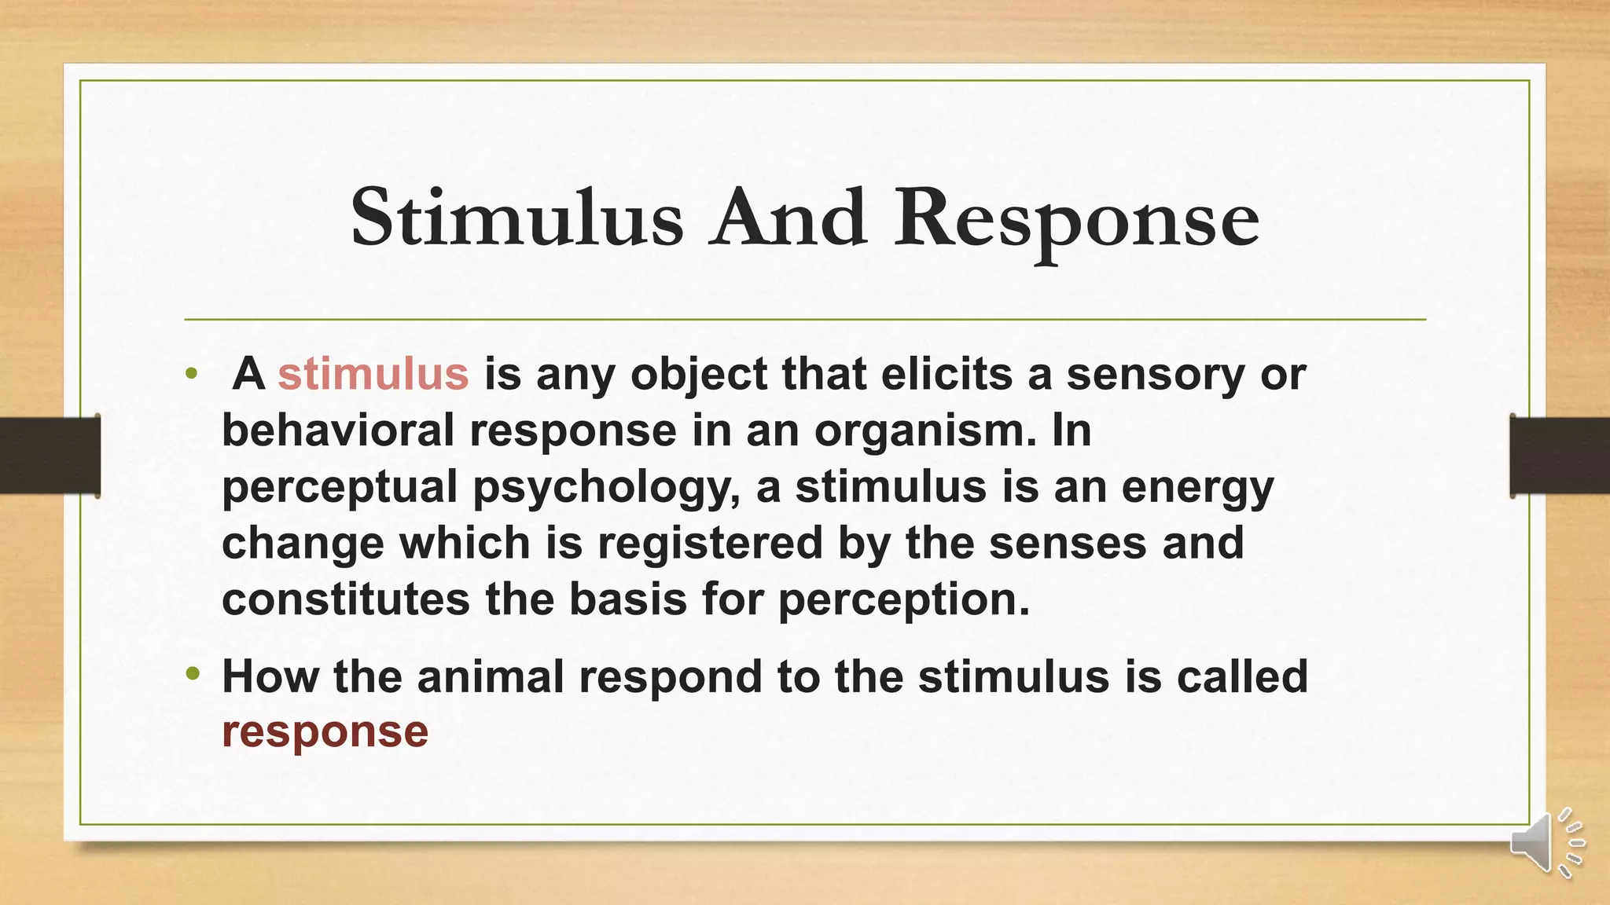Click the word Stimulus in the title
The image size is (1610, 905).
pyautogui.click(x=516, y=218)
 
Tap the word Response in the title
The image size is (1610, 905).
pyautogui.click(x=1076, y=220)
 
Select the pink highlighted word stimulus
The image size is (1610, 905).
pyautogui.click(x=373, y=373)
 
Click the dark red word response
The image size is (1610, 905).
pyautogui.click(x=325, y=731)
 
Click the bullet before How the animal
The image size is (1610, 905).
pyautogui.click(x=193, y=674)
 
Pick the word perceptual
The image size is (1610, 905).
pyautogui.click(x=340, y=487)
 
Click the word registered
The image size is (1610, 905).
pyautogui.click(x=709, y=543)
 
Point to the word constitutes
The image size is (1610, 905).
pyautogui.click(x=346, y=599)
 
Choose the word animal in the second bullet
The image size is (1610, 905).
pyautogui.click(x=491, y=676)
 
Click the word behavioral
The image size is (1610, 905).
pyautogui.click(x=338, y=431)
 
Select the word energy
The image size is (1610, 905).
pyautogui.click(x=1197, y=487)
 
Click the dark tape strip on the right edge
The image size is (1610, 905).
pyautogui.click(x=1560, y=456)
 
